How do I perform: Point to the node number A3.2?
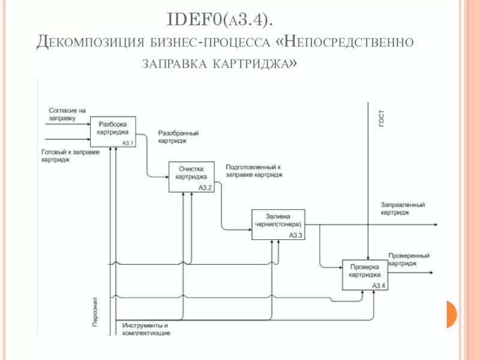(205, 188)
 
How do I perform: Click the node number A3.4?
(379, 286)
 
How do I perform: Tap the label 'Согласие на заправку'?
(67, 114)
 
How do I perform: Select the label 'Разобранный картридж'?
(178, 137)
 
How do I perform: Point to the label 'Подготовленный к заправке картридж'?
(254, 170)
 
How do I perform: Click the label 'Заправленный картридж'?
(403, 208)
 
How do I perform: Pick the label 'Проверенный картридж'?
(409, 259)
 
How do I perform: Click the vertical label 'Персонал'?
(96, 312)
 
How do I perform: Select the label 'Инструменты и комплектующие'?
(146, 328)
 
